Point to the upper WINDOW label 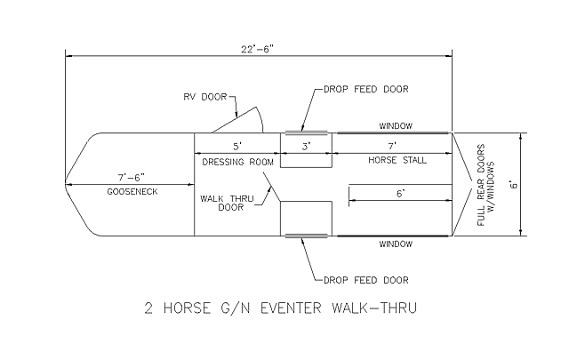396,125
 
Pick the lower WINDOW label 396,243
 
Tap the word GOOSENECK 130,192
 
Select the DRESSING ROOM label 236,160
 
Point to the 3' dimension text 306,146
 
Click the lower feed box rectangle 306,218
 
